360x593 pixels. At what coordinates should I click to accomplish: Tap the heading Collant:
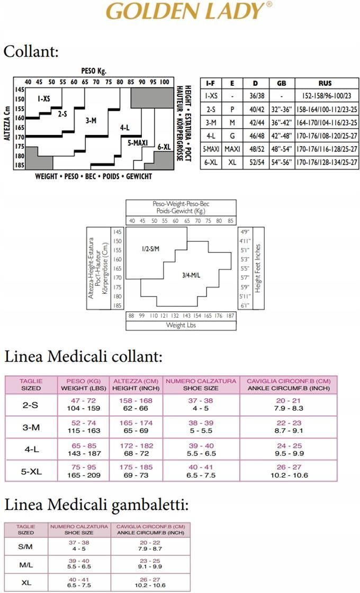(31, 51)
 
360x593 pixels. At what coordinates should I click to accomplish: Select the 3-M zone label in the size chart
(91, 120)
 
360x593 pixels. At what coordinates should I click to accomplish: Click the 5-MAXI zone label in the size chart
(137, 142)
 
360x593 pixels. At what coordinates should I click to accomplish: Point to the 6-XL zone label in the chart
(164, 147)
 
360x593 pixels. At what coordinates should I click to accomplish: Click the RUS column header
(325, 83)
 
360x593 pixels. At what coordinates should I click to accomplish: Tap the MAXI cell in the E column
(232, 149)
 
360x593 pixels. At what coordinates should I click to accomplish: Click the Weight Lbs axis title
(181, 325)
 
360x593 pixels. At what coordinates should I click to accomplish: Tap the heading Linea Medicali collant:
(83, 356)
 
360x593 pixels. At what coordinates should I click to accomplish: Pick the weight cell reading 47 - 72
(84, 401)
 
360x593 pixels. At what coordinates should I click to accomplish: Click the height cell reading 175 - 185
(136, 467)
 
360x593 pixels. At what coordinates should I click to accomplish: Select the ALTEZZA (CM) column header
(136, 381)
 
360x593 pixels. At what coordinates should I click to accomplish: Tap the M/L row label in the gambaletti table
(26, 565)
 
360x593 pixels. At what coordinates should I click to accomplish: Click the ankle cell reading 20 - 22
(150, 543)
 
